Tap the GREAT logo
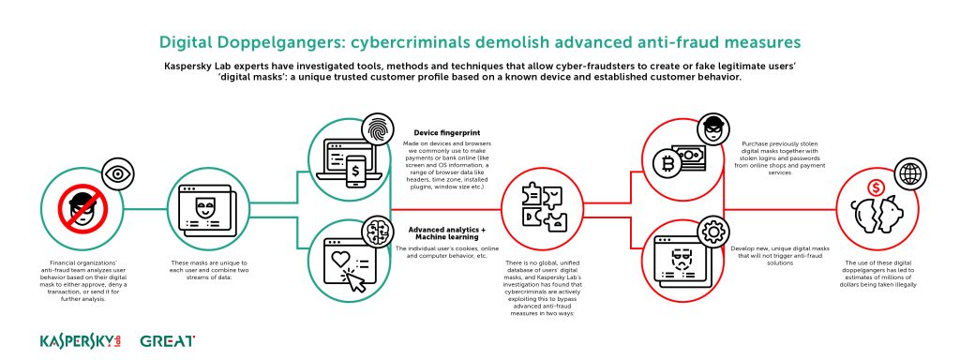pos(167,339)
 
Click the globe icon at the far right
pos(907,173)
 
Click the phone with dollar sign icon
pos(357,173)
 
